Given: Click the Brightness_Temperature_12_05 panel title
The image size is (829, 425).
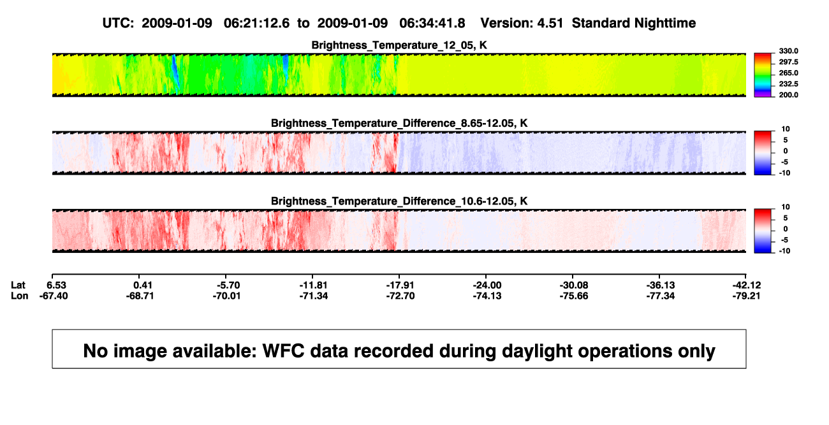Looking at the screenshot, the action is click(399, 45).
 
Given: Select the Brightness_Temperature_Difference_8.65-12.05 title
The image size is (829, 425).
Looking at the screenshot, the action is click(399, 123).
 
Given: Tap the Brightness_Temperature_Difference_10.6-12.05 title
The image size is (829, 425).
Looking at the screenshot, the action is click(399, 201).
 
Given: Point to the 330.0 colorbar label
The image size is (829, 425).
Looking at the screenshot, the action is click(788, 51).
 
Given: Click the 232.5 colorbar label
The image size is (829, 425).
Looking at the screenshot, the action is click(788, 84).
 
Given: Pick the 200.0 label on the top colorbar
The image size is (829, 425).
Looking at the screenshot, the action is click(788, 95).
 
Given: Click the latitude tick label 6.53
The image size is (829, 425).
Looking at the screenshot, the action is click(56, 285).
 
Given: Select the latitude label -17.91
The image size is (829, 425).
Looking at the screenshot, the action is click(400, 285).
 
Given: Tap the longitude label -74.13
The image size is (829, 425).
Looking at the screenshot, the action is click(487, 296).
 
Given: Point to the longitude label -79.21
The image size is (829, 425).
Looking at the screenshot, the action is click(746, 296).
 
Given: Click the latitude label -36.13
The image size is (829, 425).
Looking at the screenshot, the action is click(661, 285).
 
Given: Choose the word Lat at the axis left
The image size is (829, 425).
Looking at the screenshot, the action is click(18, 285).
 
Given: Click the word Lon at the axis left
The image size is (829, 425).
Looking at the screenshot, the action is click(20, 296).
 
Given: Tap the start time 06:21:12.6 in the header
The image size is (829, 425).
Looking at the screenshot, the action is click(256, 24).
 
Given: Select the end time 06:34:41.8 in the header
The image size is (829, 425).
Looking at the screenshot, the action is click(432, 24).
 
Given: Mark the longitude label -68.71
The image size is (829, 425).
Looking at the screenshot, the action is click(140, 296).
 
